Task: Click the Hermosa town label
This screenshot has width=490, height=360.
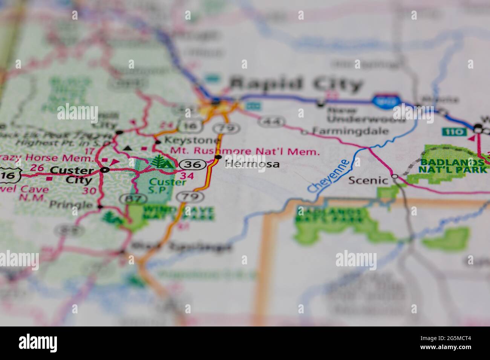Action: point(252,164)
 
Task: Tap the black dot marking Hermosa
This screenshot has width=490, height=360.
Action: point(218,157)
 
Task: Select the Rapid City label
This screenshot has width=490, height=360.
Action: point(296,84)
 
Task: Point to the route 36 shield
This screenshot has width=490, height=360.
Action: point(192,165)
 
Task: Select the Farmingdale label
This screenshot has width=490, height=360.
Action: point(351,131)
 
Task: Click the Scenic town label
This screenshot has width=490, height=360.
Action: point(368,180)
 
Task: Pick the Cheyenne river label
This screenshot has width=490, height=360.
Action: point(328,176)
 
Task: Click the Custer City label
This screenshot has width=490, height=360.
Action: point(72,174)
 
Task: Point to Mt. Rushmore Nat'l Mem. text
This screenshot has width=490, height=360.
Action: point(245,152)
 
